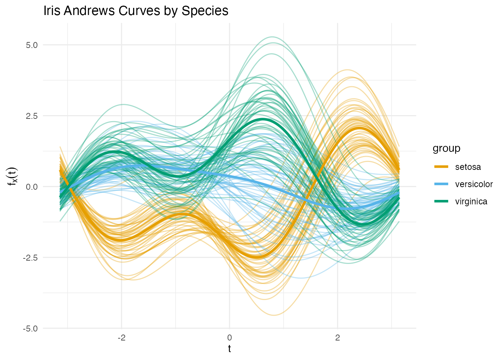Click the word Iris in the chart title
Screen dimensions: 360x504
click(52, 11)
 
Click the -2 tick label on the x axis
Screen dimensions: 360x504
click(121, 337)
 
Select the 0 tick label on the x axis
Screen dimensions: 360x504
click(229, 337)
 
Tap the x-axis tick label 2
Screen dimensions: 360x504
click(337, 337)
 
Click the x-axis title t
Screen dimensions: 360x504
click(229, 349)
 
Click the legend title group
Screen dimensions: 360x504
click(446, 148)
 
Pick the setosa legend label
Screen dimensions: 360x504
click(468, 167)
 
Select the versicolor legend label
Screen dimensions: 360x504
click(474, 184)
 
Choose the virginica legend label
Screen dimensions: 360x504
click(471, 201)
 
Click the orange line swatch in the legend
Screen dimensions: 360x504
click(441, 167)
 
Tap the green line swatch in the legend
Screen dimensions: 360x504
click(441, 201)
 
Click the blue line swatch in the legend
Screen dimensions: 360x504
click(441, 184)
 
